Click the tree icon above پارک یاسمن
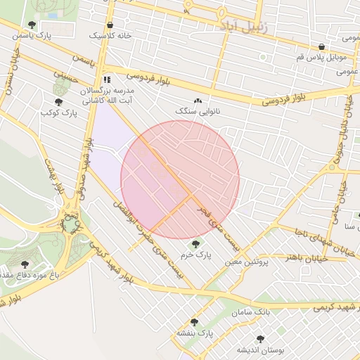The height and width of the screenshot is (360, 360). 32,25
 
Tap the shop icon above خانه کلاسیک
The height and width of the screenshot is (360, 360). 110,25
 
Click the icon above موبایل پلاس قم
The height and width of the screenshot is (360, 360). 321,46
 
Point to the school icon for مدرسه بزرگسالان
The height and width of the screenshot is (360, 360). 107,79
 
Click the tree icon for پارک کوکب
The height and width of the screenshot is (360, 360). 58,103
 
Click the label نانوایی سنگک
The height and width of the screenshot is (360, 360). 197,112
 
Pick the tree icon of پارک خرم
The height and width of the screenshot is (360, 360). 195,243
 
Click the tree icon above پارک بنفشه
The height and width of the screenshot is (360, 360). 194,321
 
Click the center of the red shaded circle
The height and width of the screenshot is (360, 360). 180,179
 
